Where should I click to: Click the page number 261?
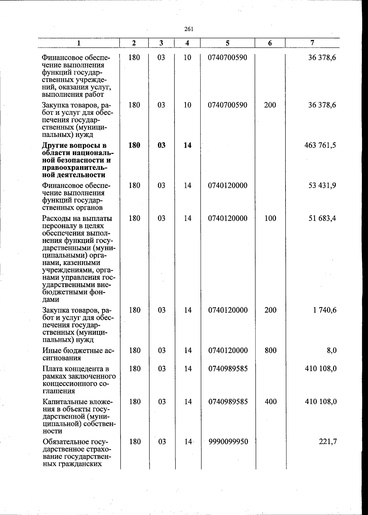pos(189,29)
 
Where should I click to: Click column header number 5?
pos(228,43)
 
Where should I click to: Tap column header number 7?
pos(312,43)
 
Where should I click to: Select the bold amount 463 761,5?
pos(320,145)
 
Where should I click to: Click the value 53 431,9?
pos(322,185)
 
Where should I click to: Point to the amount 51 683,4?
pos(322,218)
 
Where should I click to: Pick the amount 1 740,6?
pos(325,310)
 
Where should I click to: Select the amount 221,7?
pos(328,442)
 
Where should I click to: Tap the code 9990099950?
pos(228,442)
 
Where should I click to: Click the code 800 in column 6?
pos(270,350)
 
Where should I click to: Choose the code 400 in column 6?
pos(270,402)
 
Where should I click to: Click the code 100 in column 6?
pos(270,218)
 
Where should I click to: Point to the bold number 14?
pos(187,145)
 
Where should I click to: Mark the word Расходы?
pos(55,219)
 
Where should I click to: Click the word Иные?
pos(52,350)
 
